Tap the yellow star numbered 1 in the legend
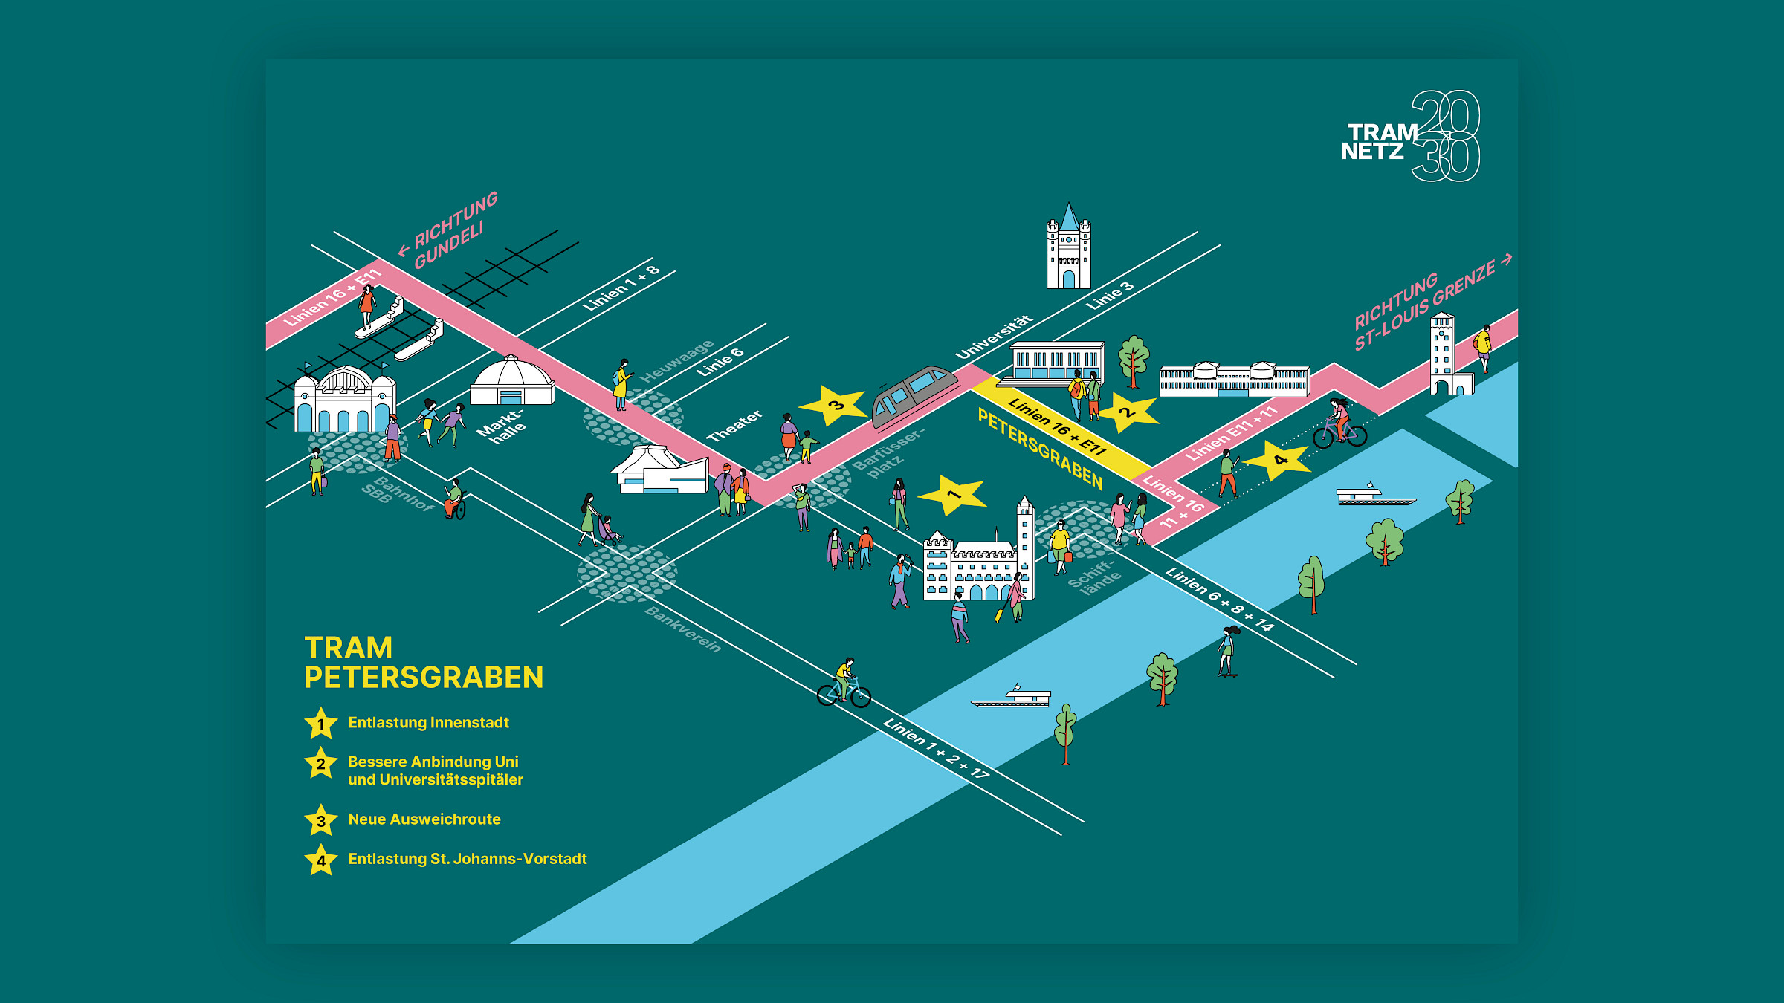321,724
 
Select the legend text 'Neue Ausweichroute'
424,819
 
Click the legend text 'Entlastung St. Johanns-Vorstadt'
468,859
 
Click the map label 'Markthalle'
501,426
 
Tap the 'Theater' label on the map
734,426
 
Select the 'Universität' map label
994,337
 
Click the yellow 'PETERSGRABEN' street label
1040,449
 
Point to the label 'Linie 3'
1110,296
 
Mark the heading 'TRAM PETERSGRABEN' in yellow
424,663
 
